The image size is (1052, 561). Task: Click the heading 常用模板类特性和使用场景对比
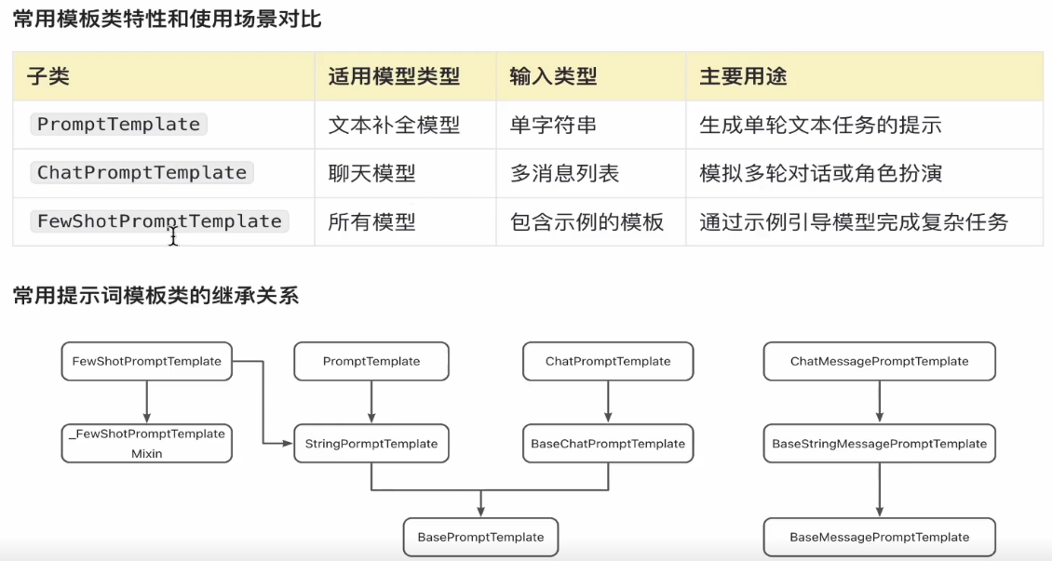(167, 19)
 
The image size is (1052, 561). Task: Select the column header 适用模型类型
(394, 77)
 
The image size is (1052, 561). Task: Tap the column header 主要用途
(743, 77)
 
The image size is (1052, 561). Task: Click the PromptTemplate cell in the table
(118, 125)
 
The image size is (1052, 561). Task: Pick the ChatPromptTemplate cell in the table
(142, 173)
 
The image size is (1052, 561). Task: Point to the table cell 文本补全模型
(394, 125)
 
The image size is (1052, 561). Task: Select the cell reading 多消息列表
(564, 173)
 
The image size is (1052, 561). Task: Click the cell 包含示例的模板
(587, 221)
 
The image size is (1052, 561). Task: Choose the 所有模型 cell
(371, 221)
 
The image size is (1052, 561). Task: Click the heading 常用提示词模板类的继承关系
(155, 296)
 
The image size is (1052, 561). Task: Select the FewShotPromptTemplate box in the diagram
(146, 361)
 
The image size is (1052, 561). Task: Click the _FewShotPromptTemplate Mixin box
(146, 443)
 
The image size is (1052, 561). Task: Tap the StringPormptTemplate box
(371, 444)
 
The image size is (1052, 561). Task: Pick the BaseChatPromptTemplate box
(608, 444)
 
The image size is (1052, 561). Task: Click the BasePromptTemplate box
(480, 537)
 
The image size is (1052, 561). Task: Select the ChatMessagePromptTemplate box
(879, 361)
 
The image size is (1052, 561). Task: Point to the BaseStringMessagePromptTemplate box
(879, 444)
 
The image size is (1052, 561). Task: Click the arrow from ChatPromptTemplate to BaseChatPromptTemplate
(608, 402)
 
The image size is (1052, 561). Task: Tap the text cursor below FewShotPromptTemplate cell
(173, 239)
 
